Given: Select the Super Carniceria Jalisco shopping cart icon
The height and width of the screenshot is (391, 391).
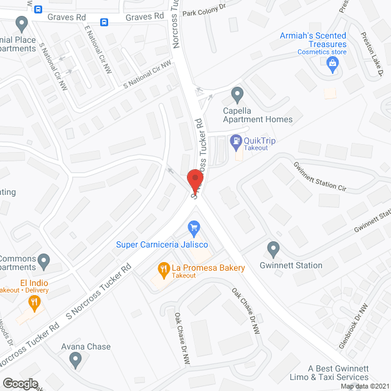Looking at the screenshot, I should point(194,230).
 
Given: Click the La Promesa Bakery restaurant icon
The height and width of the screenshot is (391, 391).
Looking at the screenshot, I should point(163,268).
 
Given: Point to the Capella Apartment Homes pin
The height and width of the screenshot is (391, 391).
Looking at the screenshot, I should point(238,95).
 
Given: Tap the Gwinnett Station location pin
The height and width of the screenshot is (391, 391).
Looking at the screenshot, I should point(273,249).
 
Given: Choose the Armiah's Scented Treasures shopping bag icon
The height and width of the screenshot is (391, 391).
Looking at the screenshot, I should point(333,64).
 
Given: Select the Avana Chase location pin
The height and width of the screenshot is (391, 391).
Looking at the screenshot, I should point(76,362).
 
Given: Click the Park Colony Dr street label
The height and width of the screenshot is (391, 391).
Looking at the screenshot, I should point(204,12).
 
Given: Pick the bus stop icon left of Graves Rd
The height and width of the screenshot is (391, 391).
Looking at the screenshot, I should point(38,9).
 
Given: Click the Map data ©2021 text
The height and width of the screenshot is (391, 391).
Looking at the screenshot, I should point(364,386).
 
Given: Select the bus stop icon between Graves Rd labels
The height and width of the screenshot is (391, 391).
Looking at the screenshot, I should point(104,23).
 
